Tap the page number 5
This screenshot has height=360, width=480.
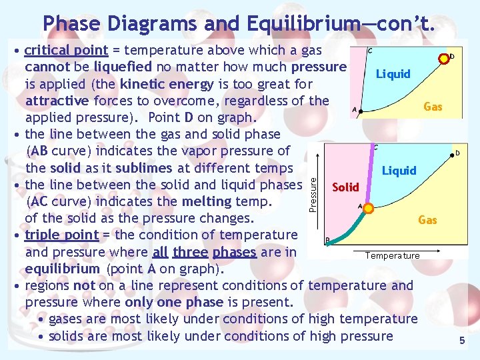click(x=461, y=341)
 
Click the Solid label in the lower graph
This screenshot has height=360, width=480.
click(x=345, y=187)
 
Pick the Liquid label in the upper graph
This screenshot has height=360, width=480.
click(x=393, y=73)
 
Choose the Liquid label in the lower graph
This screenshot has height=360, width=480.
click(x=399, y=171)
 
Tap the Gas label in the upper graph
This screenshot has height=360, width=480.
click(x=433, y=106)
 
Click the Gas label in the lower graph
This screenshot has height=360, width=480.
click(x=427, y=219)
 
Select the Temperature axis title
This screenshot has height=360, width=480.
click(x=392, y=255)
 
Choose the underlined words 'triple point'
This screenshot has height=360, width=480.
click(x=61, y=235)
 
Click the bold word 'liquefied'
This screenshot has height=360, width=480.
click(x=123, y=67)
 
